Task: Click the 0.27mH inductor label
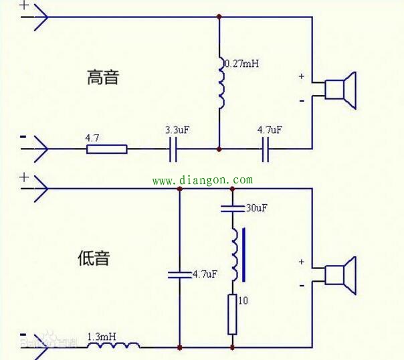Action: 242,64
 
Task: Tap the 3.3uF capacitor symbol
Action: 173,149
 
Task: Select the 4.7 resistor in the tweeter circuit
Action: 106,149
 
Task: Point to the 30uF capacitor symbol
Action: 232,209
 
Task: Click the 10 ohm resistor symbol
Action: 232,314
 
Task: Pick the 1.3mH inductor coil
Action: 114,345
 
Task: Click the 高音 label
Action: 103,78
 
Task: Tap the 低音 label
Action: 94,258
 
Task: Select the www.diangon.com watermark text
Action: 203,180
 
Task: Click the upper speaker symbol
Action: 340,90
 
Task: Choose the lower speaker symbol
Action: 340,276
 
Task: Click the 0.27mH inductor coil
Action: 221,83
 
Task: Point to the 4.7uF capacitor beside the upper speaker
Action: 266,149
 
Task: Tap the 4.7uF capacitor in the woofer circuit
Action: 179,275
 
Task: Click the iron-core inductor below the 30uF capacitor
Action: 237,254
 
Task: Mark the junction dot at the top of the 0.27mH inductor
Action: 219,17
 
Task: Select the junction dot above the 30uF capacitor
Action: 232,189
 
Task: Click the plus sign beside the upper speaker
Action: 302,76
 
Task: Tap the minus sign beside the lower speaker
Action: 302,286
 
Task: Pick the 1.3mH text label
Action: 102,337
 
